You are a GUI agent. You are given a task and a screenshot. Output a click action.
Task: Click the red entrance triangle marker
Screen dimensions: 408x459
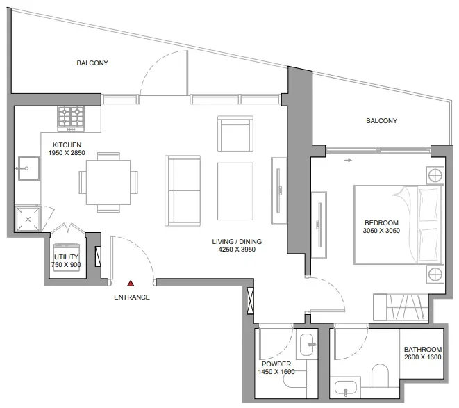[x=130, y=284]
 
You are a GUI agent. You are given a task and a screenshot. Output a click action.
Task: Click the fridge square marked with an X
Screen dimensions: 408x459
[x=28, y=219]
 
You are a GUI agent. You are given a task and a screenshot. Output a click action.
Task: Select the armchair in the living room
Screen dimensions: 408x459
[x=235, y=134]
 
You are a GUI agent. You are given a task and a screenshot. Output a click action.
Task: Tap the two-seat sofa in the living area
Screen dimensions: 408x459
[x=183, y=190]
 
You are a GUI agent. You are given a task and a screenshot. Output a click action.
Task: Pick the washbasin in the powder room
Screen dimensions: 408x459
[x=308, y=342]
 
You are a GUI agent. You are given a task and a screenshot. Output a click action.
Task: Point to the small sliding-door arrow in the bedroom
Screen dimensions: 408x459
[x=348, y=160]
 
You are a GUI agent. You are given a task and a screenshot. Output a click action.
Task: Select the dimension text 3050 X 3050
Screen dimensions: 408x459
[x=383, y=232]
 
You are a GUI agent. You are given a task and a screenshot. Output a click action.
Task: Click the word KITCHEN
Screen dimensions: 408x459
[x=67, y=145]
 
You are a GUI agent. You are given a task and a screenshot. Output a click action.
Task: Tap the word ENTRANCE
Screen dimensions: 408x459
[x=132, y=297]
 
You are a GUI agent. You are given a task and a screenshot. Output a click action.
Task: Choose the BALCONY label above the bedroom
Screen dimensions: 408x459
[x=381, y=121]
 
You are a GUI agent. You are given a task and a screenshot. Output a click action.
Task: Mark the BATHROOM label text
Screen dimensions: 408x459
[x=422, y=350]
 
